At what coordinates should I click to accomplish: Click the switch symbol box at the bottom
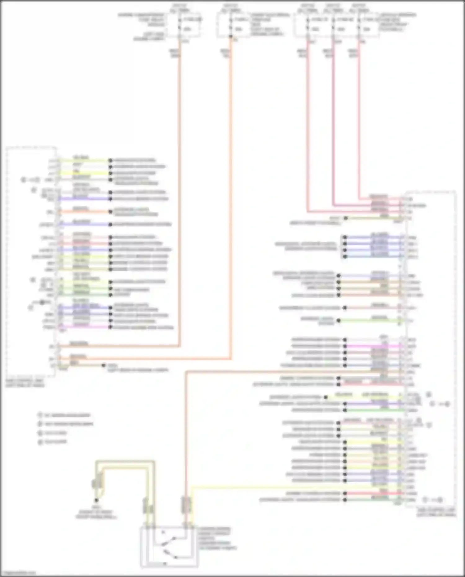pyautogui.click(x=169, y=547)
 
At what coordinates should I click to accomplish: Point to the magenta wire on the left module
pyautogui.click(x=84, y=327)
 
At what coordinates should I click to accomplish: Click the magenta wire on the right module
pyautogui.click(x=372, y=346)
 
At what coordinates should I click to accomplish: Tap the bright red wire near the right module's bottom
pyautogui.click(x=372, y=493)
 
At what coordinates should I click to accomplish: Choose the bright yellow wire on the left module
pyautogui.click(x=84, y=173)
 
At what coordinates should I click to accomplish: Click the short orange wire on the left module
pyautogui.click(x=84, y=212)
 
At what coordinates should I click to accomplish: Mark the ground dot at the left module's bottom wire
pyautogui.click(x=104, y=366)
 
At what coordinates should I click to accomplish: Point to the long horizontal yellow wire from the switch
pyautogui.click(x=279, y=487)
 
